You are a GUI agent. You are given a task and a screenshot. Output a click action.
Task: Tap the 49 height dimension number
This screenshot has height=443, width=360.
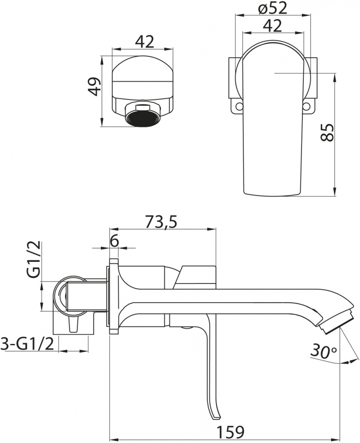[94, 86]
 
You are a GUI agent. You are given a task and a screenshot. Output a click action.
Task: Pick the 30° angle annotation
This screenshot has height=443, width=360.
[323, 352]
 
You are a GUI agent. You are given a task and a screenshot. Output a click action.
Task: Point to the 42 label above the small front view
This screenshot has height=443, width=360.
[144, 41]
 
